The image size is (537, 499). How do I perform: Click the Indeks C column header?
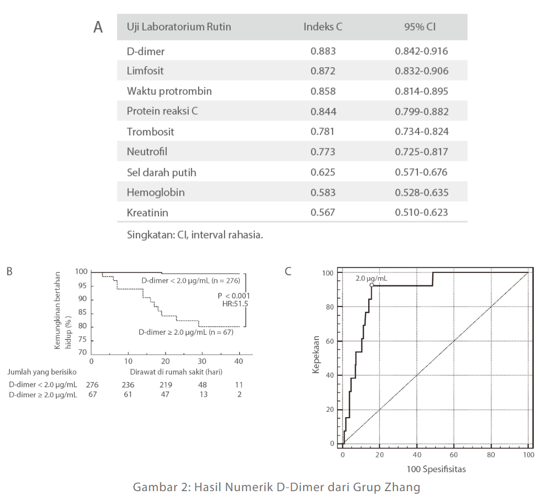click(x=323, y=27)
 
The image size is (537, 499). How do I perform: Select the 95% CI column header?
click(x=420, y=27)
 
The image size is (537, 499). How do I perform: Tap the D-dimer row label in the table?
click(x=146, y=51)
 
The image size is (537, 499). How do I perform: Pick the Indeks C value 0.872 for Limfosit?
click(x=323, y=71)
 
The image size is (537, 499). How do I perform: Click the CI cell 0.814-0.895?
click(x=422, y=91)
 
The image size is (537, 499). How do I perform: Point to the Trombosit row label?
click(x=151, y=132)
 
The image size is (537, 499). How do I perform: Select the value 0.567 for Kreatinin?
click(x=323, y=213)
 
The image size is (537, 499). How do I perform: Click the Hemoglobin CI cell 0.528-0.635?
click(x=422, y=193)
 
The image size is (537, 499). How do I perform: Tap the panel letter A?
click(x=98, y=27)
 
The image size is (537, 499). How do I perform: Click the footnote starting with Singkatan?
click(x=195, y=235)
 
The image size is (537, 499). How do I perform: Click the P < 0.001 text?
click(x=234, y=296)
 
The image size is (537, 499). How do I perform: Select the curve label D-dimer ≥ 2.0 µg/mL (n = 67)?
click(x=186, y=332)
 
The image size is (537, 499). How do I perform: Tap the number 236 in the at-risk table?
click(x=128, y=385)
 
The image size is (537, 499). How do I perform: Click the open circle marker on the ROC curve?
click(x=372, y=285)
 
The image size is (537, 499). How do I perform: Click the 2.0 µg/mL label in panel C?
click(x=371, y=278)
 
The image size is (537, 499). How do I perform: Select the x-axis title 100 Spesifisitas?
click(x=436, y=469)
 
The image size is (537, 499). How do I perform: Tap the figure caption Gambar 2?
click(x=276, y=487)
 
